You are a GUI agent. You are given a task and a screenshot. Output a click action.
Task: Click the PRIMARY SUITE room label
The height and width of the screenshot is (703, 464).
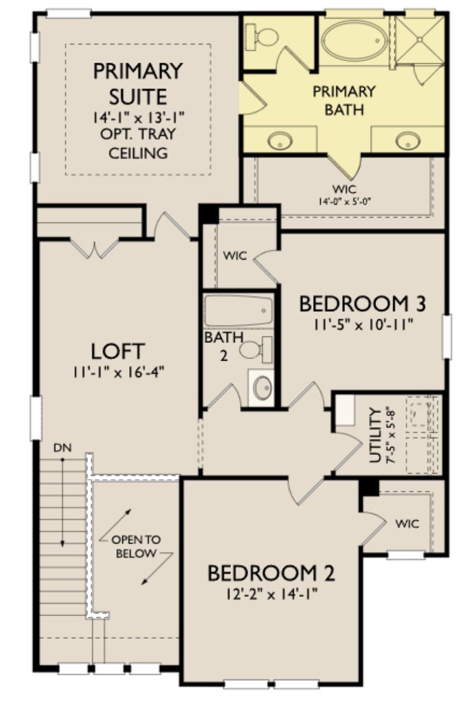138,84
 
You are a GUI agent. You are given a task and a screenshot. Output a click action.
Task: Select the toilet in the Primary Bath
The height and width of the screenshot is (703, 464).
265,37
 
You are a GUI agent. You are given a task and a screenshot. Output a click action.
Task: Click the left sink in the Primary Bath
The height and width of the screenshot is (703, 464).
279,141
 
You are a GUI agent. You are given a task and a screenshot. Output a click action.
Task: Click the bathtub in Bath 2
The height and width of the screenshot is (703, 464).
238,310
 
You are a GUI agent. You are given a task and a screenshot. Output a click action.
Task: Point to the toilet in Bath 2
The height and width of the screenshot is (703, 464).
255,350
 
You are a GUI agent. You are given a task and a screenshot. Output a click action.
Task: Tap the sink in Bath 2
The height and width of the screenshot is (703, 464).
262,387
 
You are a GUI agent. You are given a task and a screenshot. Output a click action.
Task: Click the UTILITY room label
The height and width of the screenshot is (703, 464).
377,435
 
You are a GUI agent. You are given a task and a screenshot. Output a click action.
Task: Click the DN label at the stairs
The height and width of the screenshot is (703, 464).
62,447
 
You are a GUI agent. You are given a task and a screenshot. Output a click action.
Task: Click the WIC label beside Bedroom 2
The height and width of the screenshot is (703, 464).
407,523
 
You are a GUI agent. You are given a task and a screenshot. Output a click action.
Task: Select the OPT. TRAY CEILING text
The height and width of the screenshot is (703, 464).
138,143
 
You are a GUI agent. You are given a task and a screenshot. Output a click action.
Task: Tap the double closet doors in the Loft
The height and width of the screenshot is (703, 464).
95,248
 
